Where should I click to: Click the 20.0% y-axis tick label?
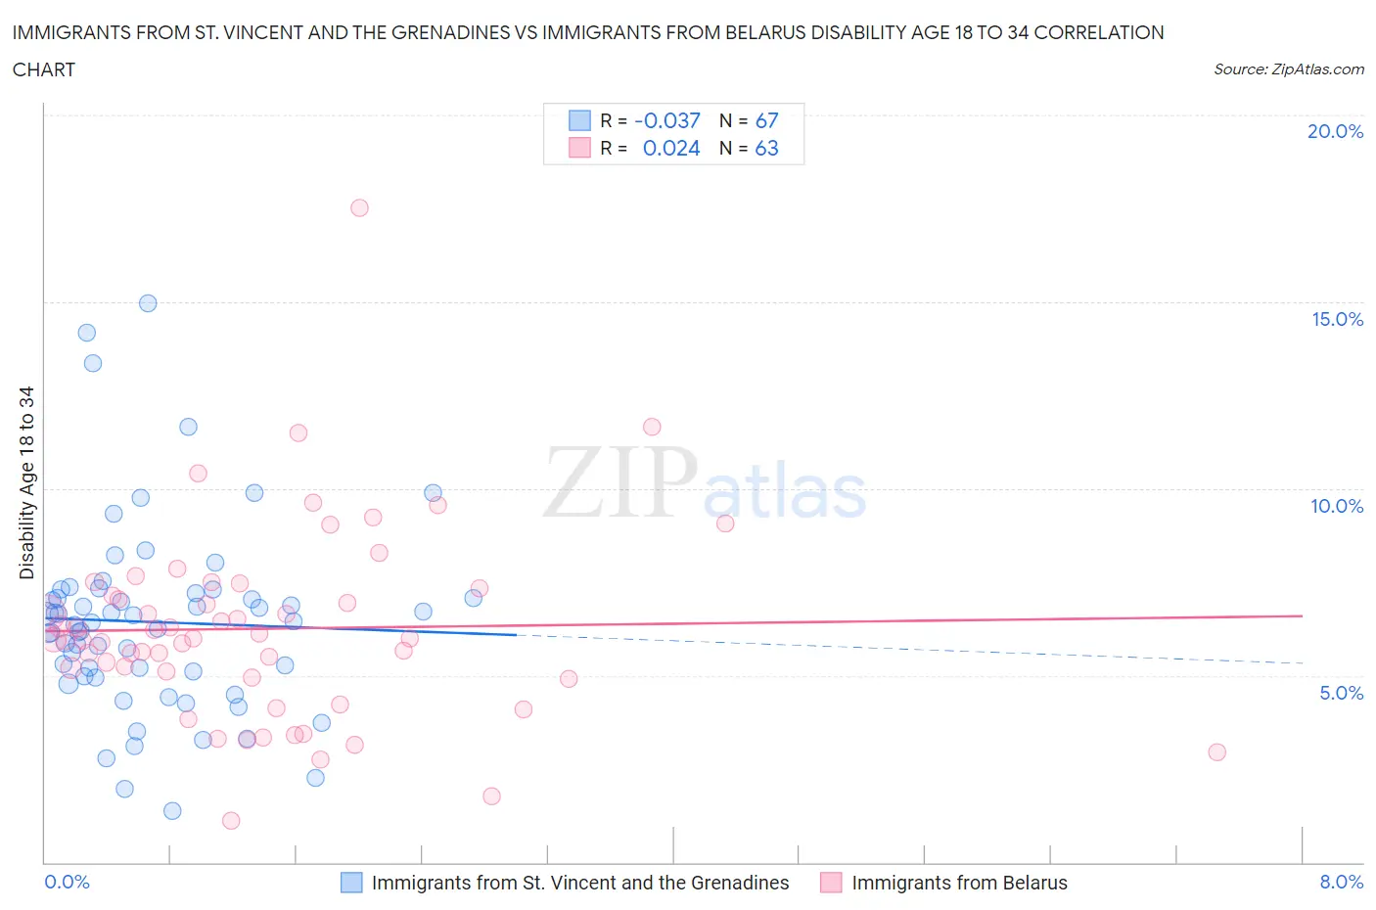[x=1335, y=131]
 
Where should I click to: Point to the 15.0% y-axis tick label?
[x=1337, y=319]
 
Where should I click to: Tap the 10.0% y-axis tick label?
[x=1337, y=506]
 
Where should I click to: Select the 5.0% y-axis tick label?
[x=1341, y=693]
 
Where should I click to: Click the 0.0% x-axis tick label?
[x=67, y=882]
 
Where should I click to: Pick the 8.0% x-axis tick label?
[x=1341, y=882]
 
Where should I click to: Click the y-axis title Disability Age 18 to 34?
[x=26, y=482]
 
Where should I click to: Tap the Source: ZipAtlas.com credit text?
[x=1288, y=68]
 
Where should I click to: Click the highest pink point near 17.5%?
[x=359, y=207]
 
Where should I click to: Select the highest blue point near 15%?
[x=148, y=303]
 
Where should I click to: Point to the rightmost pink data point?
[x=1216, y=751]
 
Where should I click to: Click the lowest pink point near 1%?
[x=231, y=820]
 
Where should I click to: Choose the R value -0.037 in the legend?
[x=667, y=120]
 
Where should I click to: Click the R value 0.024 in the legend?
[x=671, y=148]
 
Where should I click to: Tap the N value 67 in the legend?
[x=766, y=120]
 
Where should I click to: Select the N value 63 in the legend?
[x=766, y=148]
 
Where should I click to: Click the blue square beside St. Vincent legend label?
[x=351, y=883]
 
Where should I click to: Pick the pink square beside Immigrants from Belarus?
[x=831, y=883]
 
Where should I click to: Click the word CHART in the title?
[x=44, y=69]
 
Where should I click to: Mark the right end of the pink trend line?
[x=1302, y=615]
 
